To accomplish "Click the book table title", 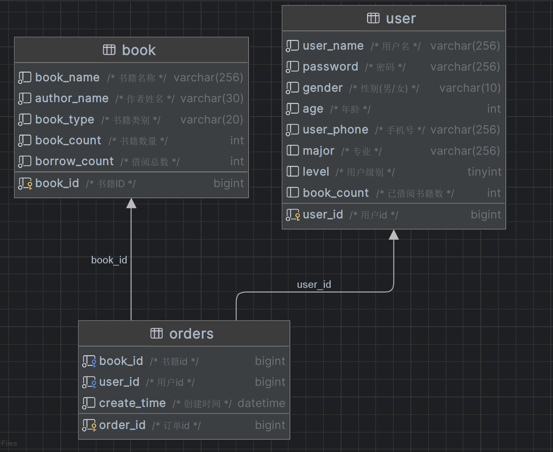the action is [x=139, y=50].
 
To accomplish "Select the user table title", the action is [x=401, y=19].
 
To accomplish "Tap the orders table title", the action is [x=191, y=334].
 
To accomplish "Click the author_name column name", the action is [x=72, y=98].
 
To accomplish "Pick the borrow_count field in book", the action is [x=74, y=161].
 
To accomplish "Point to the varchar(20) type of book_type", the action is [x=212, y=119].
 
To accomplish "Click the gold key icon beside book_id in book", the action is [x=30, y=185].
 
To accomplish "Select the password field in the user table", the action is [x=330, y=67].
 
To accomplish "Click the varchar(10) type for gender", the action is [x=470, y=88].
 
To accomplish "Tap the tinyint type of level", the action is [x=484, y=172].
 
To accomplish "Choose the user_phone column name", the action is [x=335, y=130].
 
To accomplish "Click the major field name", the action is [x=318, y=151].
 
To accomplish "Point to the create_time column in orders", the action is [x=132, y=403].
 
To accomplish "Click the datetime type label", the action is [x=262, y=403].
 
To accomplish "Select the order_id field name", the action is [x=122, y=425].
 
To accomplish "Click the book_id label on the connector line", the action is [x=109, y=260].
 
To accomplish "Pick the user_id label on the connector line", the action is [x=314, y=285].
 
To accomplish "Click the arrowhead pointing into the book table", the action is [x=131, y=203].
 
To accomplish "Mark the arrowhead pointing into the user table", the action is [x=394, y=235].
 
